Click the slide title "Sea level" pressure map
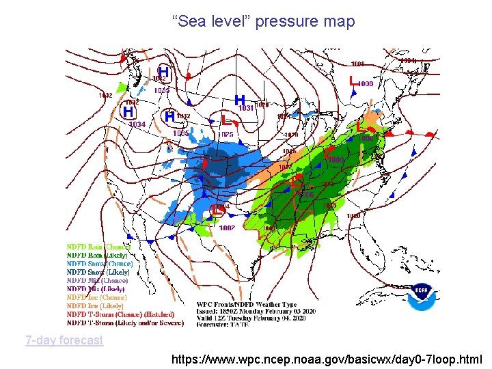264,22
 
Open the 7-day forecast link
64,340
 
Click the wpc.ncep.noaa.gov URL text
327,359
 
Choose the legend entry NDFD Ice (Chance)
96,297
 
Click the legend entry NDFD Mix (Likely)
96,289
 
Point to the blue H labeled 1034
128,111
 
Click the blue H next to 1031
240,100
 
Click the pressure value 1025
226,135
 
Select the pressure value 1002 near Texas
228,228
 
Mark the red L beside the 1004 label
215,209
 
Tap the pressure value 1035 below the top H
161,90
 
